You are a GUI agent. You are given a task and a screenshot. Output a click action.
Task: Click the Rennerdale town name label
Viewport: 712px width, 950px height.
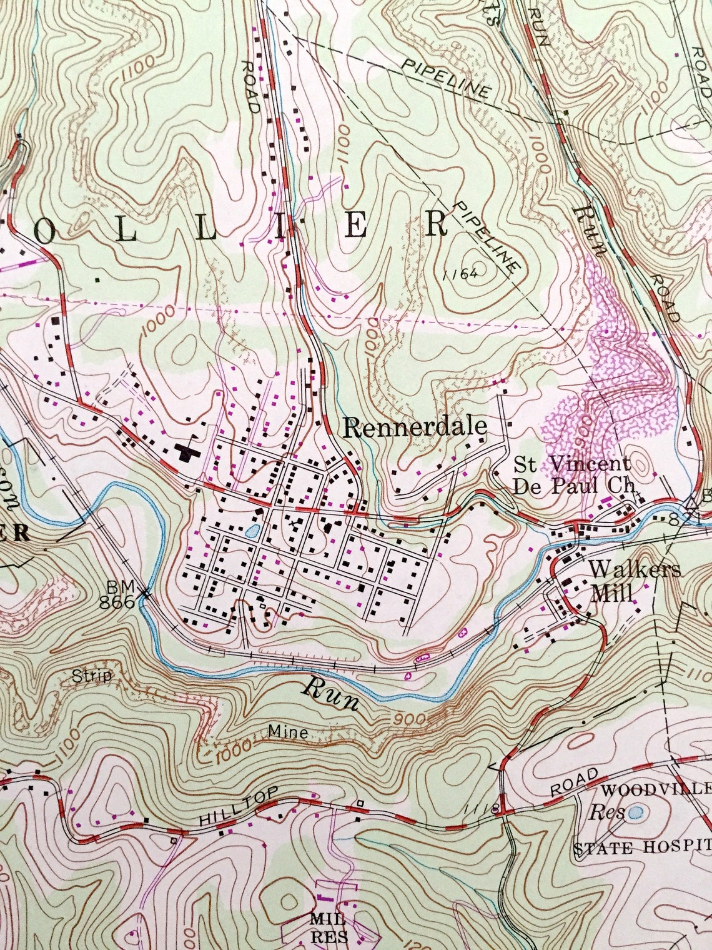(x=415, y=428)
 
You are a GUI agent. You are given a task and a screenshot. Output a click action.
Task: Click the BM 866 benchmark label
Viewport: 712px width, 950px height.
(x=120, y=594)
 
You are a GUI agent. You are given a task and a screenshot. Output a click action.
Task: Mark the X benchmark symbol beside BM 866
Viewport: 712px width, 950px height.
(x=146, y=592)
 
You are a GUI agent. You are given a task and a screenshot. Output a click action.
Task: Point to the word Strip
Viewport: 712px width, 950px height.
(x=91, y=676)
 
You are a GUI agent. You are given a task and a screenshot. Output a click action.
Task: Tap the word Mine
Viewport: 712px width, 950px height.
(x=288, y=731)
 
